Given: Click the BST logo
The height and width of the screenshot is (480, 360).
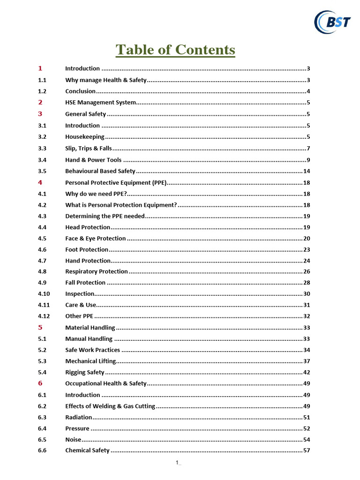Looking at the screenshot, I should coord(332,22).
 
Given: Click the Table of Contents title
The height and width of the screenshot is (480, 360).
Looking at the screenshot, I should coord(175,50).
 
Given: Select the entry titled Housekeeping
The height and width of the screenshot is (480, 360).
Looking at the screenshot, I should coord(85,137).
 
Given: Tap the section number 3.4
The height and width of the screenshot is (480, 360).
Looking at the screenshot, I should coord(42,160).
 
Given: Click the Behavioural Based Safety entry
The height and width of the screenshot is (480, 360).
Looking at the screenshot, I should coord(100,171).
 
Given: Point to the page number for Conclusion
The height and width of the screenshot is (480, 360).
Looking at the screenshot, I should coord(308,91).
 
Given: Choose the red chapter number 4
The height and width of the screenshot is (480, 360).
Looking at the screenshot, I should coord(40,182).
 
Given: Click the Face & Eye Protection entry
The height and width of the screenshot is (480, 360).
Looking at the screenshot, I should coord(96,238).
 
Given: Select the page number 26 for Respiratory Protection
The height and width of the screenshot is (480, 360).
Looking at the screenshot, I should coord(307,271).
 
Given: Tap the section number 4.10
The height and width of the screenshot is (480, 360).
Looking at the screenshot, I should coord(44,294).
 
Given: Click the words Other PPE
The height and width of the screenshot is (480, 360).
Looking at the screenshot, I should coord(79,316).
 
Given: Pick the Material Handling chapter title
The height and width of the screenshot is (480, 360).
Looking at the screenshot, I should coord(90,328).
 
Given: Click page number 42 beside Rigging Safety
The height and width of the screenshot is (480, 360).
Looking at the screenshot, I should coord(307,372).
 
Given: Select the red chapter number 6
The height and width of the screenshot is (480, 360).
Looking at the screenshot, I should coord(40,383).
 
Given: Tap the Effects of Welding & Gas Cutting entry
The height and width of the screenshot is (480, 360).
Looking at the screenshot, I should coord(110,406).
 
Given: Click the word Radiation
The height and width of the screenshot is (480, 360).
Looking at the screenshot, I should coord(79,417).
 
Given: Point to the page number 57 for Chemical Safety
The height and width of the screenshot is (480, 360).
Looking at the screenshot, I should coord(307,450).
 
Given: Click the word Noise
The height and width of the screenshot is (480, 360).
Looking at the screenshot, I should coord(73,440).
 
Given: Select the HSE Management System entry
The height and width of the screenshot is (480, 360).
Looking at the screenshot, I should coord(101,102).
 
